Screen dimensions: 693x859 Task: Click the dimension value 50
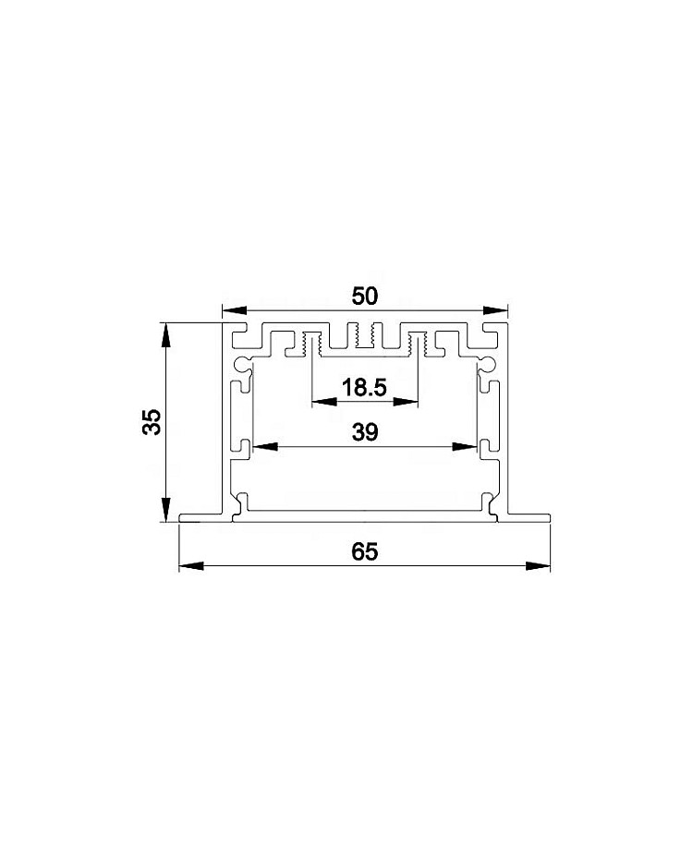(x=364, y=296)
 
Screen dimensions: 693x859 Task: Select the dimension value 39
(x=365, y=432)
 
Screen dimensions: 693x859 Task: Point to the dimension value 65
(x=365, y=551)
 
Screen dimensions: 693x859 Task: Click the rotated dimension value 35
(x=152, y=422)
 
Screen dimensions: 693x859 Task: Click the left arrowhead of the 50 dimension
(x=234, y=310)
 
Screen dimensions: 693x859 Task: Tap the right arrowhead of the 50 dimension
(x=495, y=310)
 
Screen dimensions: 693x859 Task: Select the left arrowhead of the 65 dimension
(x=191, y=566)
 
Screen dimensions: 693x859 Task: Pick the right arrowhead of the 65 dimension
(x=538, y=566)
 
